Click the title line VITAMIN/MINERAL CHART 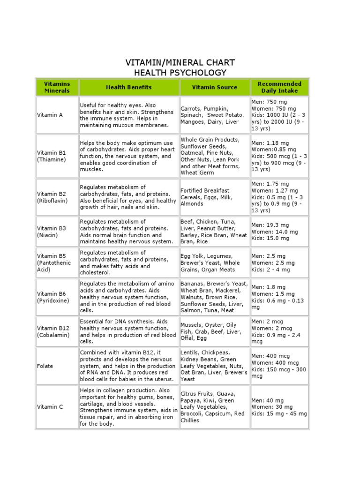[180, 63]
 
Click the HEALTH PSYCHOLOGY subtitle [180, 73]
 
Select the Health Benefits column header [128, 87]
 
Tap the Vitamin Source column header [214, 87]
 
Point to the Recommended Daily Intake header [279, 87]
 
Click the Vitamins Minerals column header [57, 87]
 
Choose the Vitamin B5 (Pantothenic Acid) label [54, 263]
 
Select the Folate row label [45, 366]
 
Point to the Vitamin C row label [50, 407]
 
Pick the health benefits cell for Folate [128, 366]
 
